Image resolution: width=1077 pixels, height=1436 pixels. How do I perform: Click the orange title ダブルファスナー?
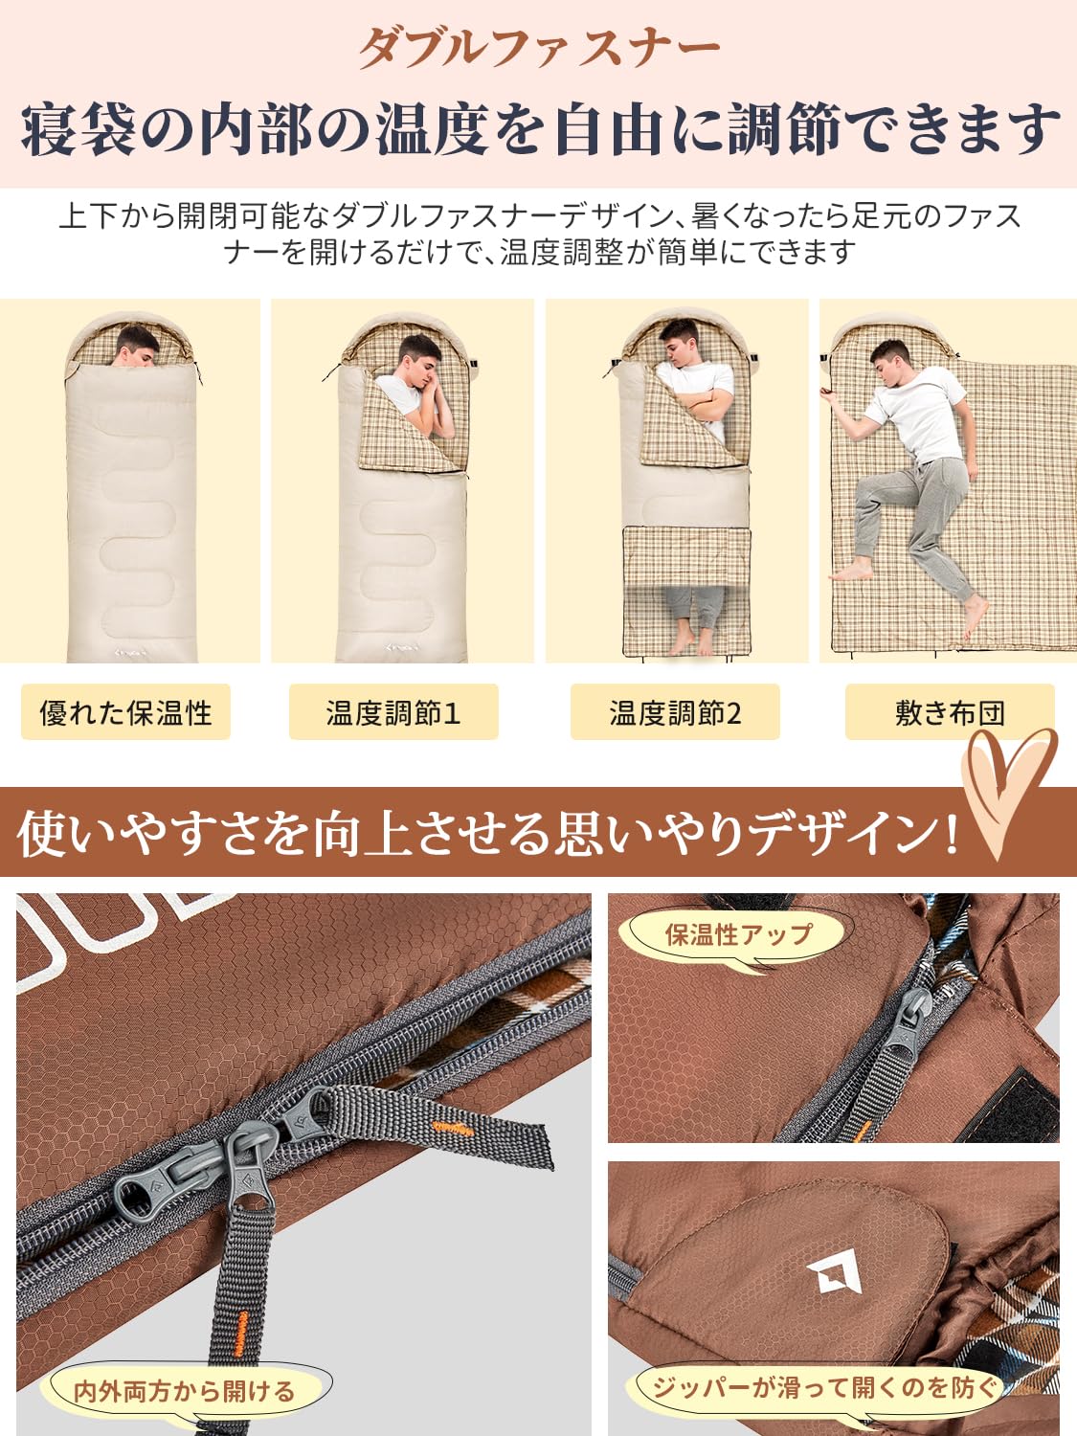pyautogui.click(x=538, y=46)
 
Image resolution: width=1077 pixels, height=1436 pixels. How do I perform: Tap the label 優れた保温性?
pyautogui.click(x=125, y=712)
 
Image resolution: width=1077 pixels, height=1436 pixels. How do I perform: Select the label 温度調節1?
pyautogui.click(x=393, y=712)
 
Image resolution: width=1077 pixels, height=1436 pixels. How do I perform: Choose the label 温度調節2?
pyautogui.click(x=675, y=712)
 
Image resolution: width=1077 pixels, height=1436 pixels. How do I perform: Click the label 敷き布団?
pyautogui.click(x=950, y=712)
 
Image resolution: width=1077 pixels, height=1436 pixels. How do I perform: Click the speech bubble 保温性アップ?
pyautogui.click(x=737, y=934)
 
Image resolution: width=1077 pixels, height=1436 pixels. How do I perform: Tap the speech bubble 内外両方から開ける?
pyautogui.click(x=185, y=1390)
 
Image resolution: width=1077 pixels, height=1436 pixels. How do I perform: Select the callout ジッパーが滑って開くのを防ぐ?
pyautogui.click(x=823, y=1386)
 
